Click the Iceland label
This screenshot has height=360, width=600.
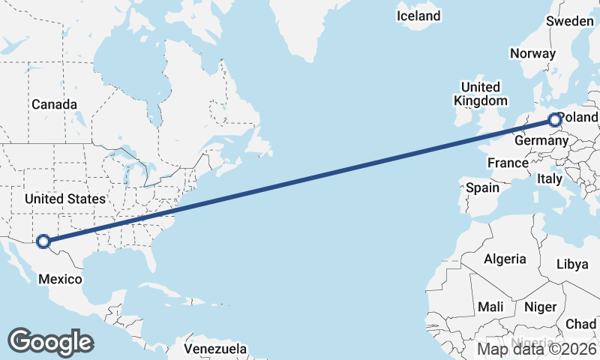[418, 16]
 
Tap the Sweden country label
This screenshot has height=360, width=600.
[569, 21]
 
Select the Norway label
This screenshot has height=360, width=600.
[532, 53]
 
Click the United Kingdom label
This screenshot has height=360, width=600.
[481, 94]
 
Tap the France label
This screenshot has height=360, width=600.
[508, 163]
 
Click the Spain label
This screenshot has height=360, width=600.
[482, 187]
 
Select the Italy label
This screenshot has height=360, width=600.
[549, 178]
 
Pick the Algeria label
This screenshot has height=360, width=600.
[505, 259]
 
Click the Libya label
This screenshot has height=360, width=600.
[572, 264]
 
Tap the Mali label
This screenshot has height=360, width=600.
[491, 307]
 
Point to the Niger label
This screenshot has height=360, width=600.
[540, 307]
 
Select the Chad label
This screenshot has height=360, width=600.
[581, 323]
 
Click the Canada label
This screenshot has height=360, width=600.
[54, 104]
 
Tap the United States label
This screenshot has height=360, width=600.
[64, 199]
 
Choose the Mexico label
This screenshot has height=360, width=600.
[60, 279]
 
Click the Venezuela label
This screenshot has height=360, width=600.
[215, 349]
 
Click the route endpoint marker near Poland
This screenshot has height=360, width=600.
[554, 119]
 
